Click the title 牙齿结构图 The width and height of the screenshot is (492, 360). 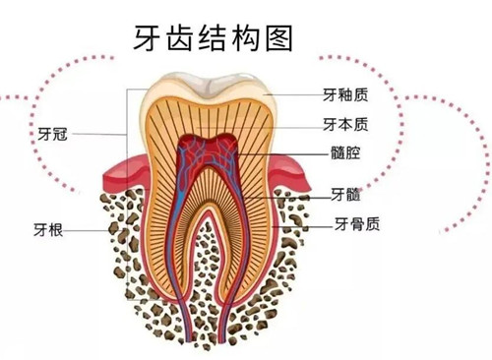coord(212,36)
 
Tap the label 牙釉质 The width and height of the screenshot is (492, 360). coord(347,95)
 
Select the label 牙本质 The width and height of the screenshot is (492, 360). coord(347,125)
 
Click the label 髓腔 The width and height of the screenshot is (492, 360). coord(345,154)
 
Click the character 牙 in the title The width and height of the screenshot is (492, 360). coord(149,36)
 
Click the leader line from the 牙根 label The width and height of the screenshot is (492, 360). coord(98,229)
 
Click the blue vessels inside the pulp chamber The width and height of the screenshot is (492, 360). coord(209,153)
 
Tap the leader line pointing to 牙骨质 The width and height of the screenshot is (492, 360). coord(305,223)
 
